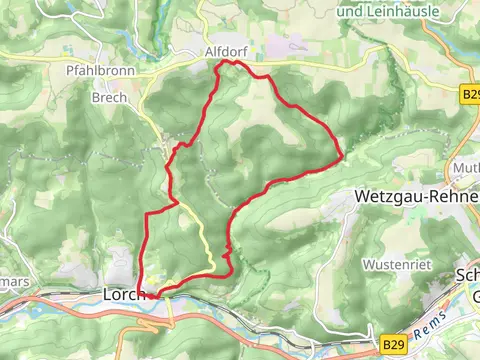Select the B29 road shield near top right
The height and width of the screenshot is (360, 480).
[x=471, y=93]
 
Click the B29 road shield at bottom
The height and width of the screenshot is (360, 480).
[x=394, y=343]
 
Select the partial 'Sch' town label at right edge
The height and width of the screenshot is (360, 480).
[x=468, y=276]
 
